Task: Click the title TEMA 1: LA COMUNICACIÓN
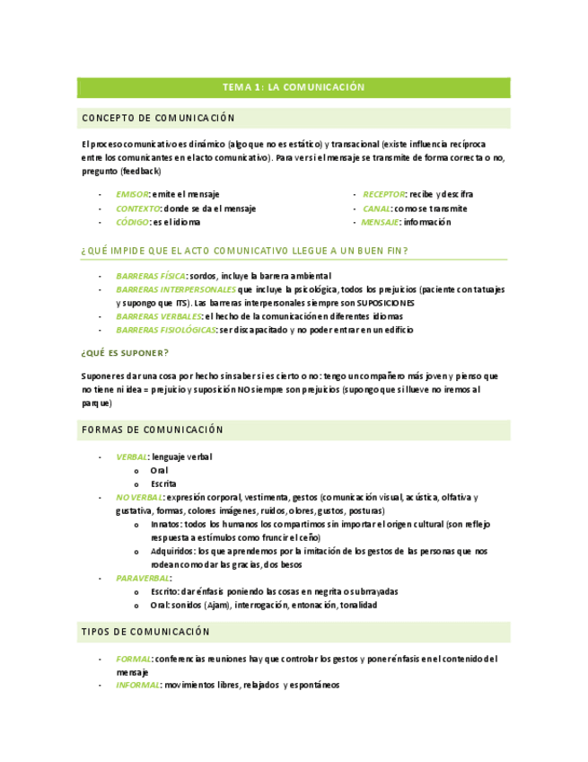coord(294,87)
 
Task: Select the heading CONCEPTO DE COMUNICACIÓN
coord(158,119)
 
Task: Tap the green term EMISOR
coord(132,194)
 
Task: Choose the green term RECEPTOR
coord(384,194)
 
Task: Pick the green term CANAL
coord(377,208)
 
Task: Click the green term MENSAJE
coord(381,222)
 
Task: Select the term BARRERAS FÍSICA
coord(151,276)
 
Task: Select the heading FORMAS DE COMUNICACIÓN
coord(153,430)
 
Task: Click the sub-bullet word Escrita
coord(163,483)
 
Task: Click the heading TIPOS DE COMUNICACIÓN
coord(145,633)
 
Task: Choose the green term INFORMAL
coord(138,685)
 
